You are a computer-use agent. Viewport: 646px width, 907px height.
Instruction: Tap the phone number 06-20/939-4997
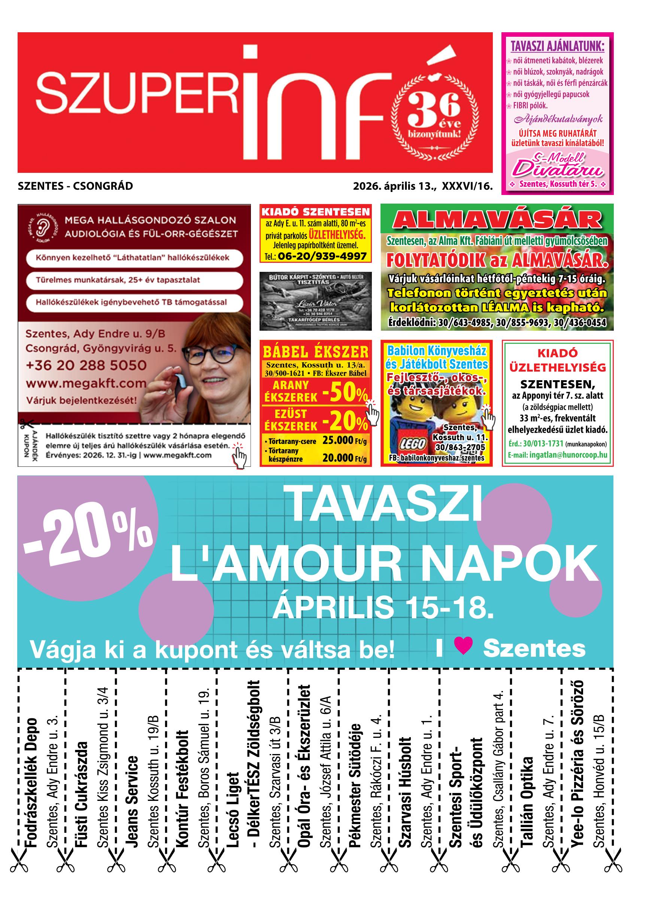click(x=322, y=256)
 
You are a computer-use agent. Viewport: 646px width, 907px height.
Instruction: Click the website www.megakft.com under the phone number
click(x=86, y=384)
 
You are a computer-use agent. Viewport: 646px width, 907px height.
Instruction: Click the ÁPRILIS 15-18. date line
click(x=383, y=607)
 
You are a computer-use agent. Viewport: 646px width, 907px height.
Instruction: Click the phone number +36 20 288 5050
click(x=86, y=366)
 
